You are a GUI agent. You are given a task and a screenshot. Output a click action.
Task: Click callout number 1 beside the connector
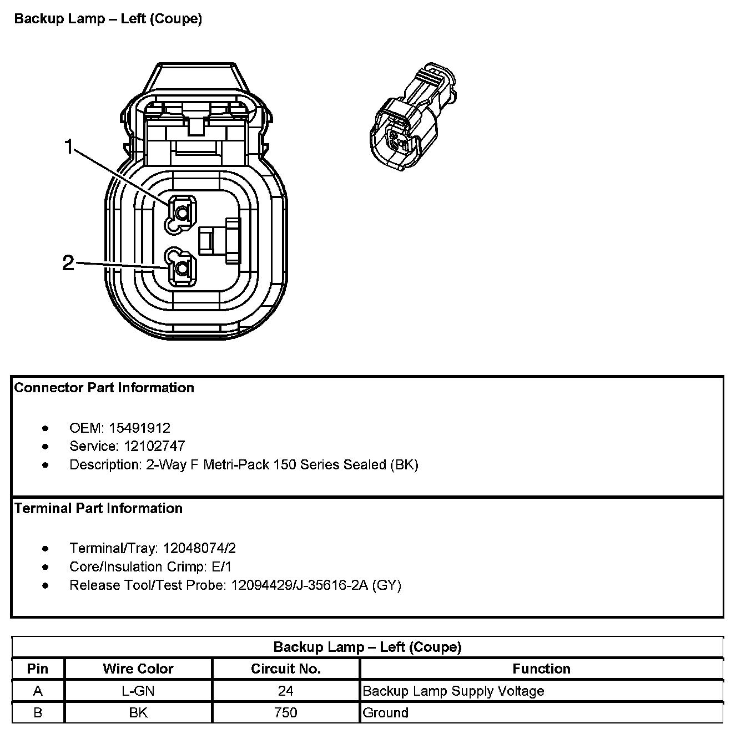(68, 147)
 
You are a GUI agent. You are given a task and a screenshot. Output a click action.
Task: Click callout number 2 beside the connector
(68, 262)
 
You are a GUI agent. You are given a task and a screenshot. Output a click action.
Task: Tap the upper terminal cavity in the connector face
(182, 211)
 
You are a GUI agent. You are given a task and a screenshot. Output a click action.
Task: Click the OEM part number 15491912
(139, 428)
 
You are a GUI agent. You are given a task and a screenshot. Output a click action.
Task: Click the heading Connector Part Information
(104, 388)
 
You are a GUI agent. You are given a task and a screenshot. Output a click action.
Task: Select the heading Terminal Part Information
(98, 508)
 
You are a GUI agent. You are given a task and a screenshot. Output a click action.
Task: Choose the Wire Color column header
(138, 669)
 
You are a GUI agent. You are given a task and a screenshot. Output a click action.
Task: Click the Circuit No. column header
(285, 669)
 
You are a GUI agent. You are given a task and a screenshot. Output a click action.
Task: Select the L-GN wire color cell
(138, 691)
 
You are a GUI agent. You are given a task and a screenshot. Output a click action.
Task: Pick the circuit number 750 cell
(285, 712)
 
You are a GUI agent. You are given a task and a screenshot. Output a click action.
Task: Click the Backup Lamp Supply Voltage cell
(453, 691)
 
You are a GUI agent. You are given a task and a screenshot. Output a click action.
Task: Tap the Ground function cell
(385, 712)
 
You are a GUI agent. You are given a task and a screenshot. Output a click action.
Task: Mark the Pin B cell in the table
(38, 712)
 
